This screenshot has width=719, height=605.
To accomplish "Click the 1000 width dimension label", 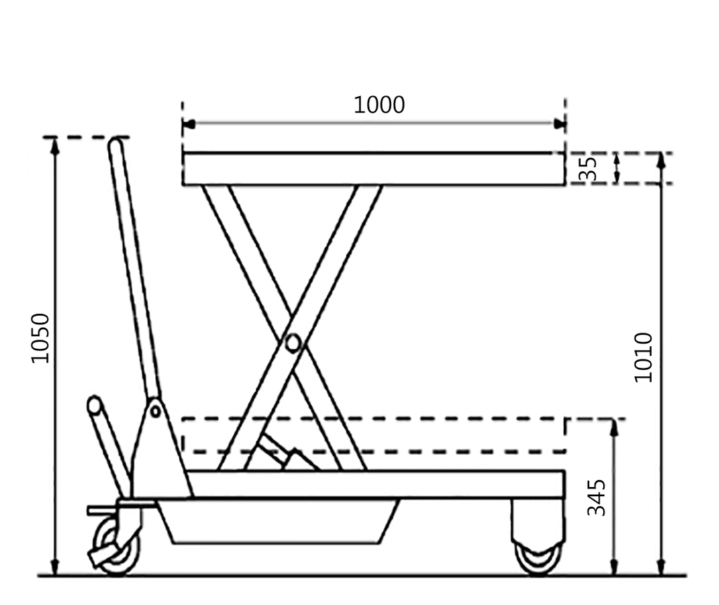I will click(378, 105).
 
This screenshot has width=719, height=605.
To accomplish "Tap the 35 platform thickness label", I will click(591, 168).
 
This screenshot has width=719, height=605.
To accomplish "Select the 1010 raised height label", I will click(643, 357).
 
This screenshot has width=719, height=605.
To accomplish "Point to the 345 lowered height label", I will click(595, 498).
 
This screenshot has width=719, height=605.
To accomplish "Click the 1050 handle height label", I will click(41, 338).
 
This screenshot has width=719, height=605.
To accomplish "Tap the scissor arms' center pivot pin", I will click(292, 343).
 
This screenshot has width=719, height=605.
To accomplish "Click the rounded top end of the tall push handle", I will click(116, 145).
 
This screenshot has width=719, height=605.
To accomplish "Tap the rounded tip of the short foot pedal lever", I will click(94, 405).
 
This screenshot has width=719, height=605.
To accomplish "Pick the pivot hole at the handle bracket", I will click(155, 411).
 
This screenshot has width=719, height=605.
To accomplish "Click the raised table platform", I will click(374, 169).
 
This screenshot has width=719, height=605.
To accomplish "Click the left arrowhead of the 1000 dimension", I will click(187, 124).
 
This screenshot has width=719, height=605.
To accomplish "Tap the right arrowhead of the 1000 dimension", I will click(560, 124).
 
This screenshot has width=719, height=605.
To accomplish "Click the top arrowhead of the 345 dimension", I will click(614, 425).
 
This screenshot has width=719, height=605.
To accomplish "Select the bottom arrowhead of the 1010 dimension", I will click(660, 569).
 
